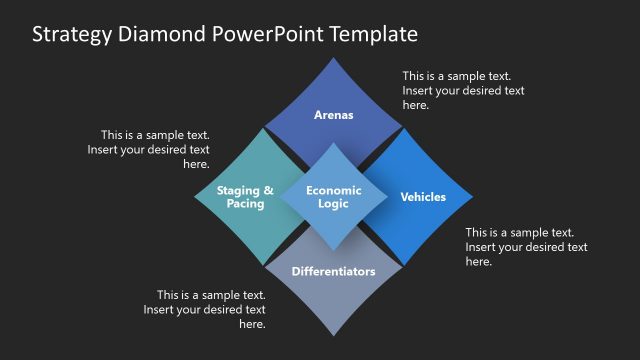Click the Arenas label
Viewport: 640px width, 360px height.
tap(334, 115)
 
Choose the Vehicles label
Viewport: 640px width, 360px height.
tap(423, 197)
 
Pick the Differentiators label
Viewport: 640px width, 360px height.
tap(334, 271)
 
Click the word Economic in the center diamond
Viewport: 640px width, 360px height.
tap(334, 190)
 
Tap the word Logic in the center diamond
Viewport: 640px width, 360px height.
tap(334, 204)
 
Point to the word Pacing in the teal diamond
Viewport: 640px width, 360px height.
tap(245, 204)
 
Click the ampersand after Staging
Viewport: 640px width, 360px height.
tap(268, 190)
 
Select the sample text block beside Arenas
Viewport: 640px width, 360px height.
tap(463, 90)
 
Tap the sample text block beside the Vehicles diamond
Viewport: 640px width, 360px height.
tap(526, 246)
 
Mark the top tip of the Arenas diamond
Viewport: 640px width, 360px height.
tap(334, 57)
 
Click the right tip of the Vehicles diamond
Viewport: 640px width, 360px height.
tap(474, 196)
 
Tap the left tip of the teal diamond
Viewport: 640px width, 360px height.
tap(194, 197)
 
